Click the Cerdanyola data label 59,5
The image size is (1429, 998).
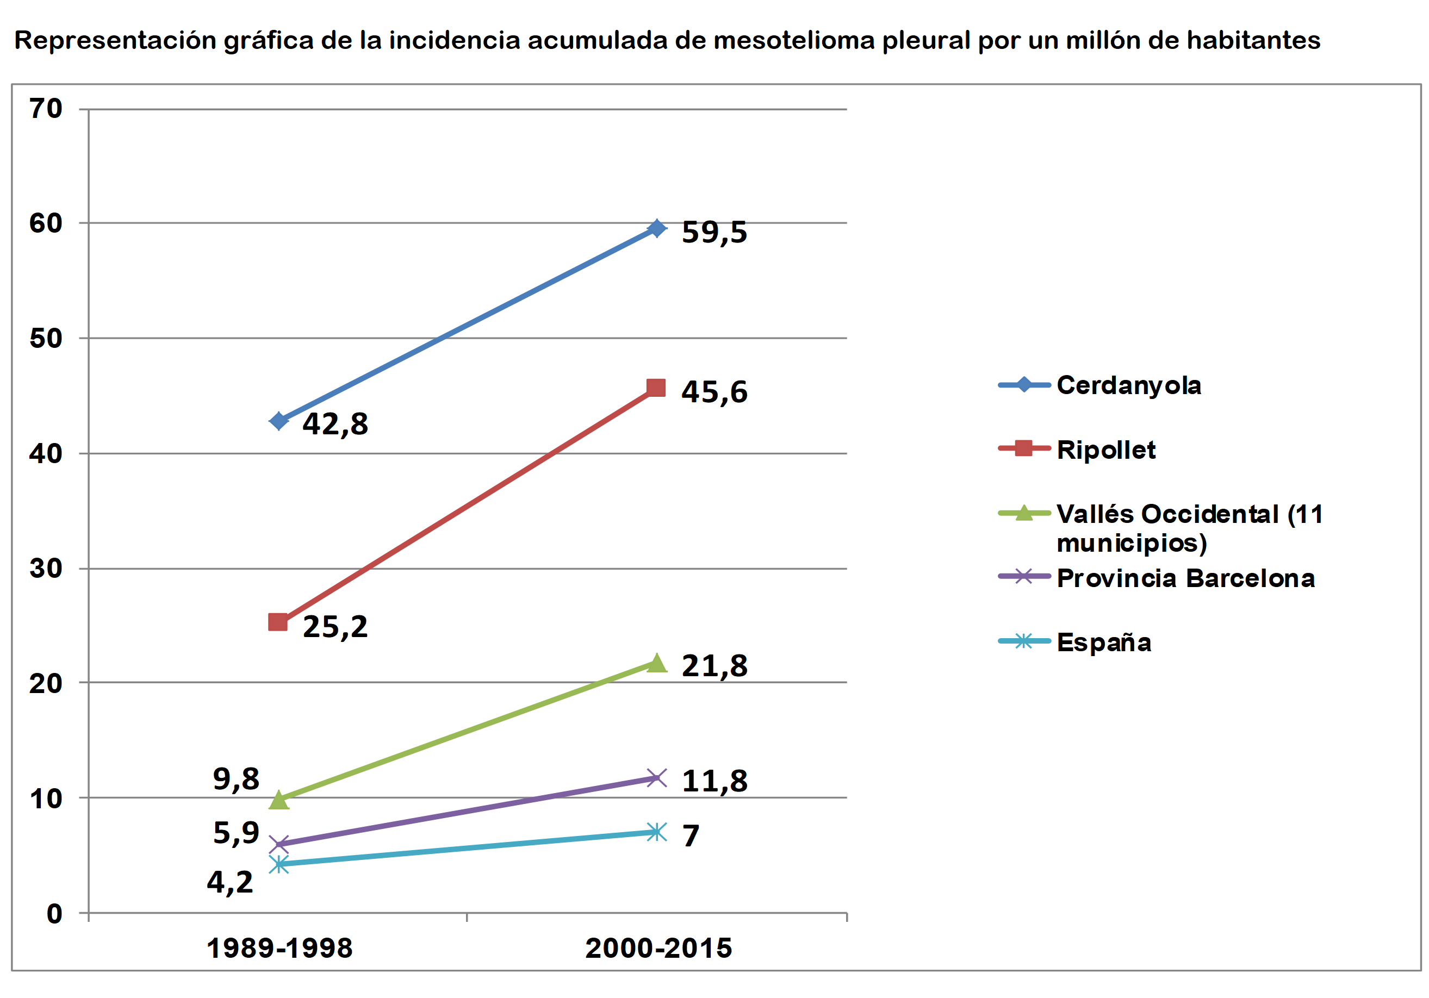coord(714,232)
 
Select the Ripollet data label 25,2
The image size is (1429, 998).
coord(335,627)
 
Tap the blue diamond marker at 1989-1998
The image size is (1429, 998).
coord(279,421)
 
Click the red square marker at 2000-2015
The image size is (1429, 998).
coord(656,388)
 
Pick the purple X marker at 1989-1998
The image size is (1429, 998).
coord(279,845)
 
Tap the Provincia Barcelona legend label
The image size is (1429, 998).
coord(1185,578)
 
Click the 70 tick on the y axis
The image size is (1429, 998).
coord(46,109)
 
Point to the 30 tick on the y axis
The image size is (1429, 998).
coord(46,569)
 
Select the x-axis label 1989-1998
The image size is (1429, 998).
coord(279,948)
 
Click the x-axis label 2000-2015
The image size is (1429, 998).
coord(658,948)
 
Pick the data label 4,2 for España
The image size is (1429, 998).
coord(229,882)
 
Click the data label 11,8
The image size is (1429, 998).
coord(714,782)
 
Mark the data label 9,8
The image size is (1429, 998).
coord(236,779)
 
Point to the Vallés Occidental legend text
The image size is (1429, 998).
coord(1189,528)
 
